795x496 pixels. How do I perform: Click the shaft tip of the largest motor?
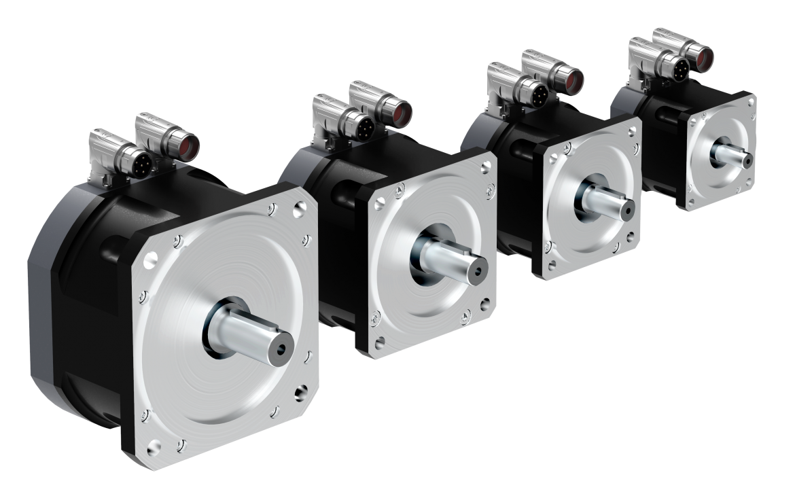tap(278, 349)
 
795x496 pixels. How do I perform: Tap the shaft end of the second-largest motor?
tap(473, 266)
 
